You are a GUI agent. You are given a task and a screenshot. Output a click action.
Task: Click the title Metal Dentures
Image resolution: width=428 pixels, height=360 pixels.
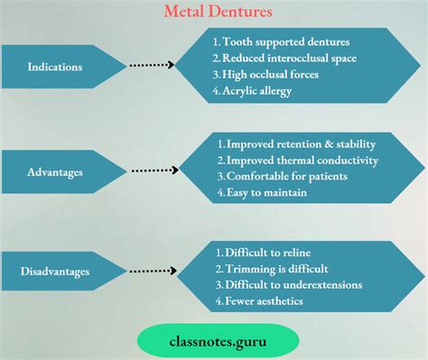214,13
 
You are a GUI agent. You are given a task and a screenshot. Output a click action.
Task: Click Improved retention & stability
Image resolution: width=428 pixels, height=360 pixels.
295,143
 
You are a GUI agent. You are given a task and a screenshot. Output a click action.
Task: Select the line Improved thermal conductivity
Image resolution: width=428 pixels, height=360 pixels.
296,160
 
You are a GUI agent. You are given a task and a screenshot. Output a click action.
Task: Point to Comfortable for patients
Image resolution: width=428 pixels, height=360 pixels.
283,176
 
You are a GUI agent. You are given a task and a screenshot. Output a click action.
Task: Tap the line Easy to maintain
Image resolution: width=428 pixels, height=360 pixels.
263,192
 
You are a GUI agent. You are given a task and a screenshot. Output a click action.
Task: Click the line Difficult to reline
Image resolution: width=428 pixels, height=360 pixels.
266,252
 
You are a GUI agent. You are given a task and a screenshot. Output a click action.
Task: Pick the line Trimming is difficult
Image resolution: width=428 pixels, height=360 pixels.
272,268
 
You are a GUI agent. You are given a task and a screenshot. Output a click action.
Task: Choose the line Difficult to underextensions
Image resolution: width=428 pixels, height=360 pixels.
289,284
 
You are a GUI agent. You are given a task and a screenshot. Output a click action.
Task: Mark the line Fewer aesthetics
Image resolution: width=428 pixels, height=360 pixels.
260,300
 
